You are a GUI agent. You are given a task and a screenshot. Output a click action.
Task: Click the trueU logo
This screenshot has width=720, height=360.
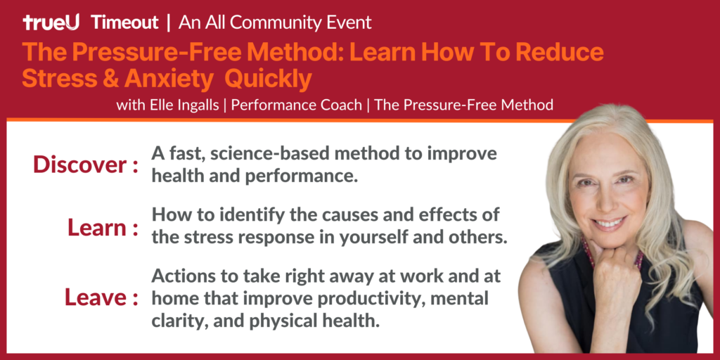click(51, 22)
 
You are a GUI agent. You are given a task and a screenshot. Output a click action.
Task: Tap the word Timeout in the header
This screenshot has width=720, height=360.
click(125, 22)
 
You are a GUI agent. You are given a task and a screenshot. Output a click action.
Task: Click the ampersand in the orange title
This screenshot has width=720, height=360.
click(110, 79)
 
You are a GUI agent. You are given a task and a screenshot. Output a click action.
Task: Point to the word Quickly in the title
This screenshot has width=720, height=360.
click(268, 79)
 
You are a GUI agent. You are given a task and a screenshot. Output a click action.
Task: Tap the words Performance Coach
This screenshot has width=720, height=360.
click(296, 105)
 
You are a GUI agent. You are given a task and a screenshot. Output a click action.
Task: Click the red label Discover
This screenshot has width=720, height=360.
click(81, 165)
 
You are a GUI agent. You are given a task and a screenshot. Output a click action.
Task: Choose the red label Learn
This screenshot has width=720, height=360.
click(97, 228)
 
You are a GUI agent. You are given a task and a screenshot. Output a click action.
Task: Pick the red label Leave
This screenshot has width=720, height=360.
click(96, 297)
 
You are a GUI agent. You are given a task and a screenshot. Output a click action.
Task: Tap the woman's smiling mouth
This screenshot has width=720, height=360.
click(610, 224)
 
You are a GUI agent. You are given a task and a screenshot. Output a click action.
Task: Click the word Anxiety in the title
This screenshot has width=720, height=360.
click(167, 79)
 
